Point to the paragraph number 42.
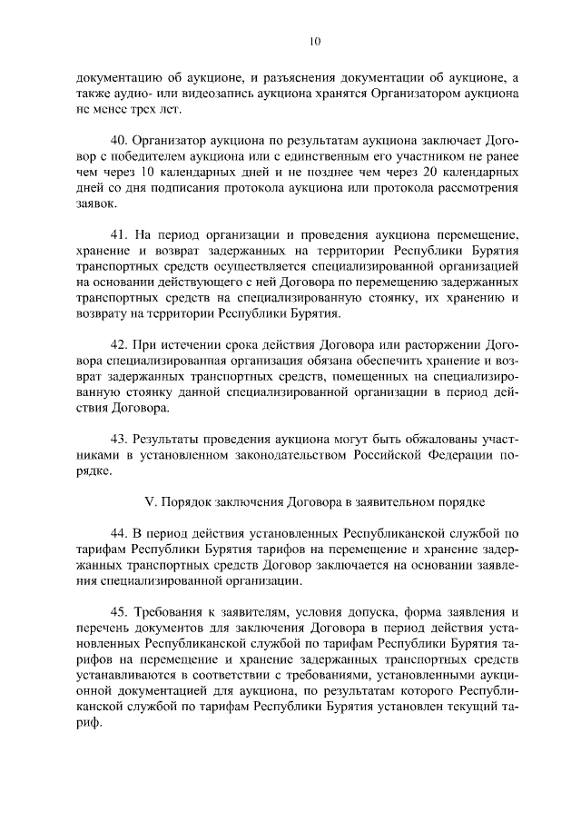tap(118, 345)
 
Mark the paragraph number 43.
tap(118, 439)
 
